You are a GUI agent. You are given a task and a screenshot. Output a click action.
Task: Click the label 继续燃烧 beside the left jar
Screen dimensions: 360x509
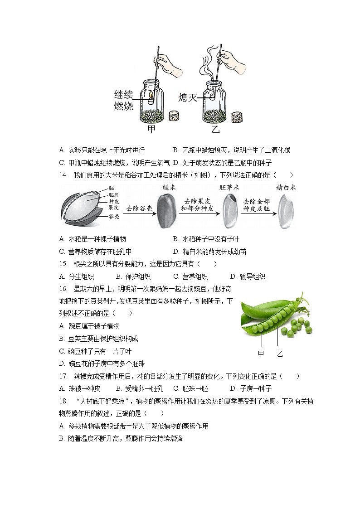point(123,101)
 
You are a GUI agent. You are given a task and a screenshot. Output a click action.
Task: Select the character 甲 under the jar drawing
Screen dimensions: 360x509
point(152,130)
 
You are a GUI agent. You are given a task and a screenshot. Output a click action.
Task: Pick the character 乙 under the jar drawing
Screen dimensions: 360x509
point(215,130)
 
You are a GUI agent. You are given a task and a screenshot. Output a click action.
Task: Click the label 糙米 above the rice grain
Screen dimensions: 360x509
point(168,188)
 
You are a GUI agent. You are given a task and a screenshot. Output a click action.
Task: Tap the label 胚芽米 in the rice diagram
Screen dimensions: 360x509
point(229,188)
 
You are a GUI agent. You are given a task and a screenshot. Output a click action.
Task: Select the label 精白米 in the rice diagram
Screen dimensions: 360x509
point(286,188)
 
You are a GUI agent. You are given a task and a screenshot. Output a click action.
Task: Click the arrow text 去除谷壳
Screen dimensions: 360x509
point(138,208)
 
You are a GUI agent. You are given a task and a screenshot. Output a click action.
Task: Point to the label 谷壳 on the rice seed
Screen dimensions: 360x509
point(114,217)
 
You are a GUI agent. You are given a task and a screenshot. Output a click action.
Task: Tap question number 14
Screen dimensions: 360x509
point(63,175)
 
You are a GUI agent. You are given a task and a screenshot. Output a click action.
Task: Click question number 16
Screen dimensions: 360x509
point(63,288)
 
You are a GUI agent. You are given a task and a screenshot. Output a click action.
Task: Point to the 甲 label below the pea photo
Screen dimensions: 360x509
point(261,354)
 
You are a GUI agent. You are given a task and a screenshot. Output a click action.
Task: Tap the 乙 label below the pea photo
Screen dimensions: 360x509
point(280,354)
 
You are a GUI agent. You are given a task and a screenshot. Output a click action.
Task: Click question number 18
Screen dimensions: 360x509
point(63,401)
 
